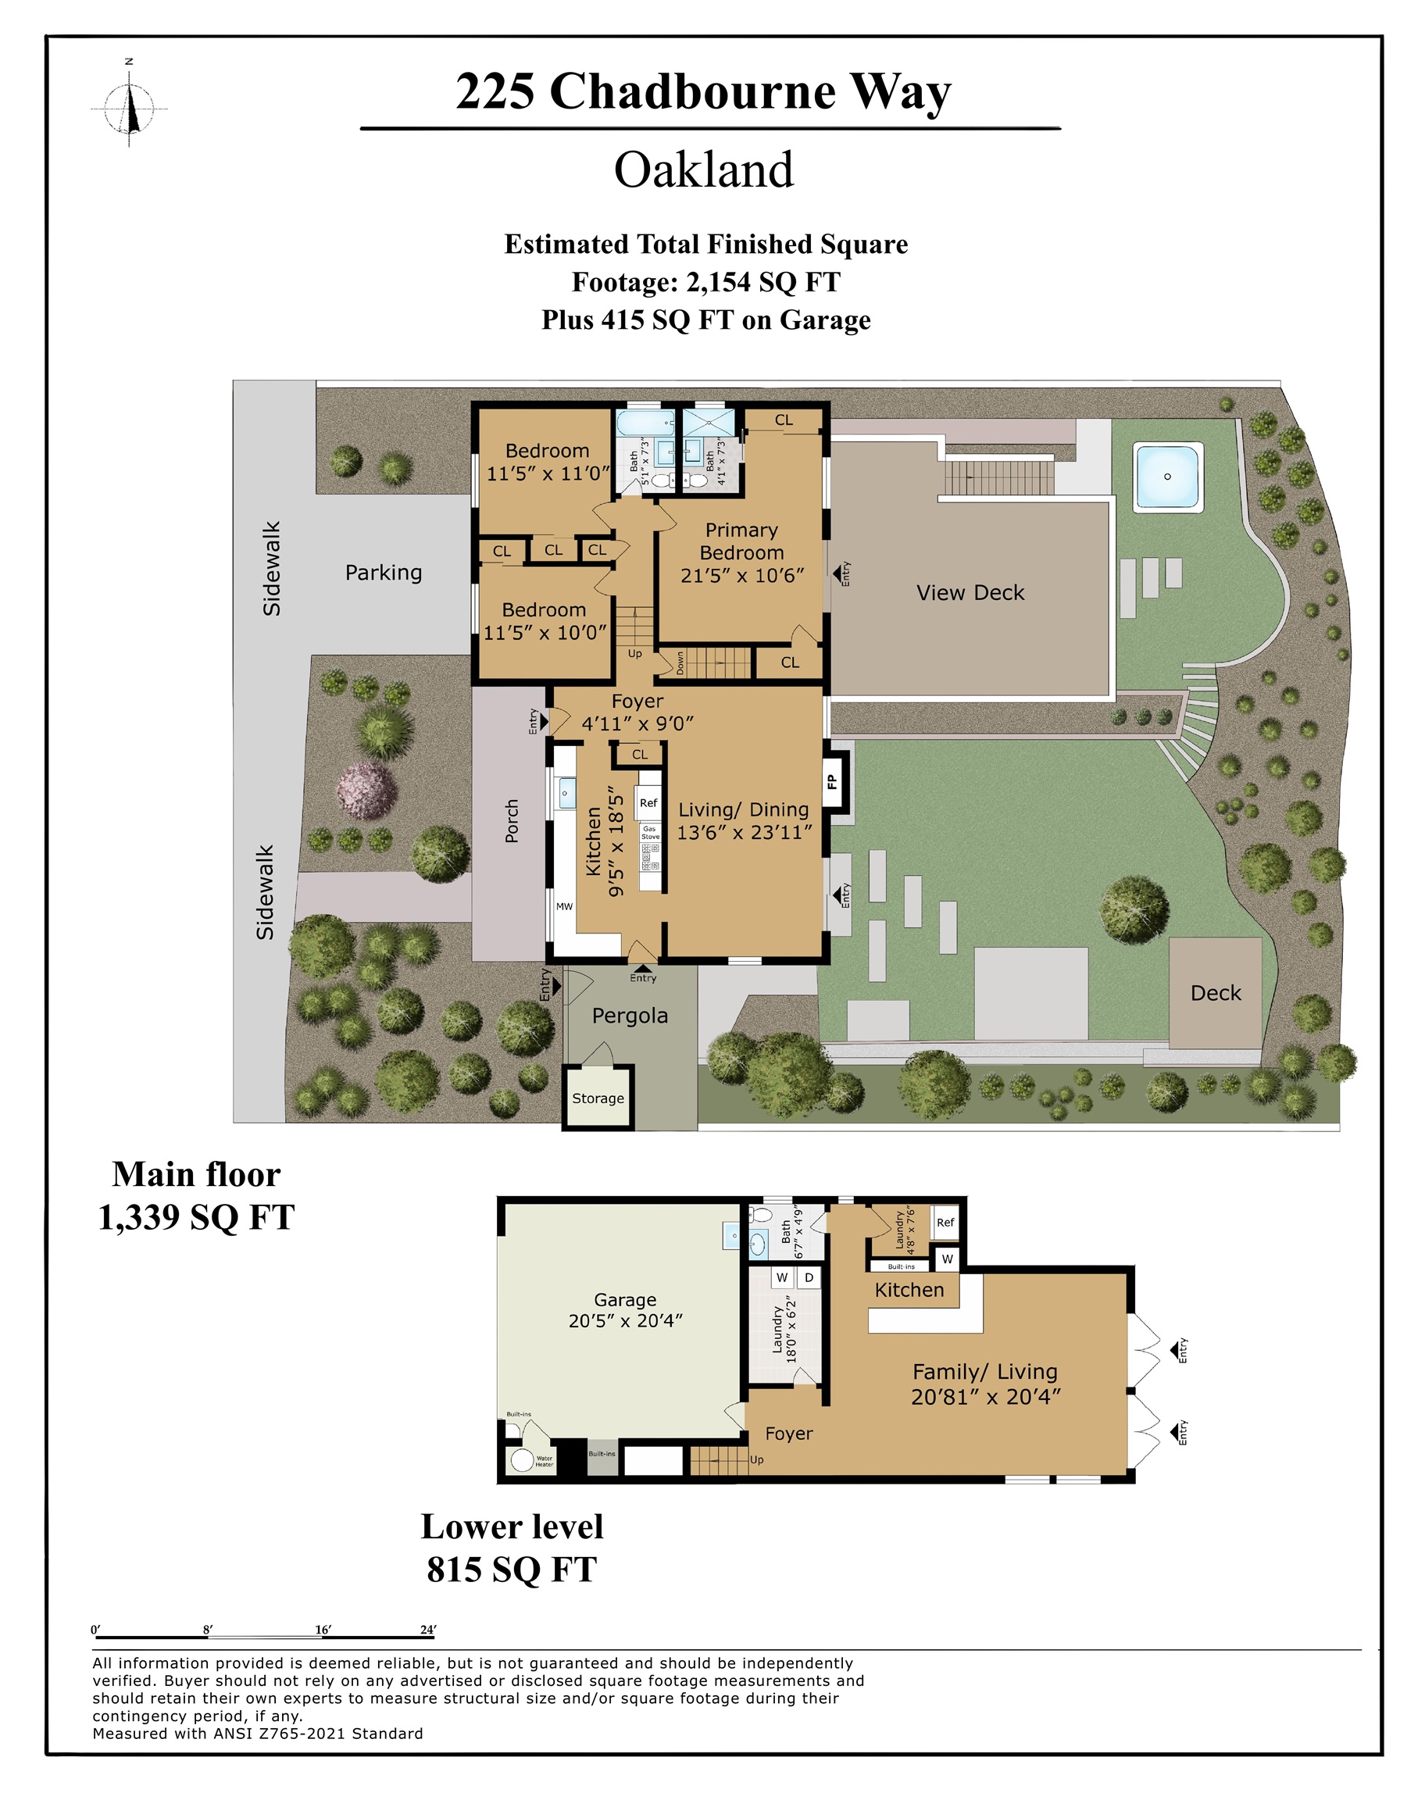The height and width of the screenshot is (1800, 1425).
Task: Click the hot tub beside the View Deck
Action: click(x=1167, y=477)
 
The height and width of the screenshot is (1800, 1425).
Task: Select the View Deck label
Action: click(x=970, y=593)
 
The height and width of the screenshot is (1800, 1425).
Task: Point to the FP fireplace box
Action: click(x=833, y=781)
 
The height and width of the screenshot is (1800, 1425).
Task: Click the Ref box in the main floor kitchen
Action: click(x=648, y=803)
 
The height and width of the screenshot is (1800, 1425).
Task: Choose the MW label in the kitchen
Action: click(x=565, y=907)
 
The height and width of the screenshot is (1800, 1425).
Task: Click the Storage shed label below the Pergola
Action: click(x=598, y=1098)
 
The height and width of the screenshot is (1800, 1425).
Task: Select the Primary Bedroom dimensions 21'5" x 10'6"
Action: click(x=741, y=576)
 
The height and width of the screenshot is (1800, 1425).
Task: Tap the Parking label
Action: click(x=384, y=573)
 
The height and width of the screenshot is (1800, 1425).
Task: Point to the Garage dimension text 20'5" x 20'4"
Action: click(x=625, y=1320)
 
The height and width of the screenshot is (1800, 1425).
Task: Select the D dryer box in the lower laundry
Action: click(x=809, y=1278)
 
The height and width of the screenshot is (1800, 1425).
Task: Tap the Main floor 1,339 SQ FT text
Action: click(x=196, y=1195)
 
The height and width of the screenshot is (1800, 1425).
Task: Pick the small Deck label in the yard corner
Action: click(x=1216, y=994)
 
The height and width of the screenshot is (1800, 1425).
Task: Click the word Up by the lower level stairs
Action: click(x=757, y=1459)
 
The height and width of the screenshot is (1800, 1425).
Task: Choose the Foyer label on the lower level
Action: click(x=788, y=1434)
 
